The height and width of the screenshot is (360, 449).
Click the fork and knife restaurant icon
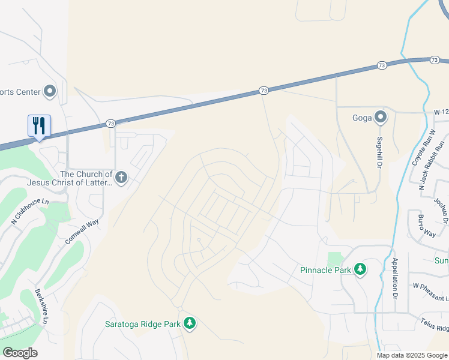39,126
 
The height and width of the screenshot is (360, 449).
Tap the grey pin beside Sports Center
50,92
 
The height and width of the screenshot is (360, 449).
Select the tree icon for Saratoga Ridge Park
190,324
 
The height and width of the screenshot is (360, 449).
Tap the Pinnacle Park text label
325,270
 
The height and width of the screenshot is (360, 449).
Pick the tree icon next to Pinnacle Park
360,269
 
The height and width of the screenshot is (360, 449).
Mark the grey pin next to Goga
380,117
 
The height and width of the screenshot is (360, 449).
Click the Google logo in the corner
20,353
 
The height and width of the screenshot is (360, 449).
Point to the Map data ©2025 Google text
411,355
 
